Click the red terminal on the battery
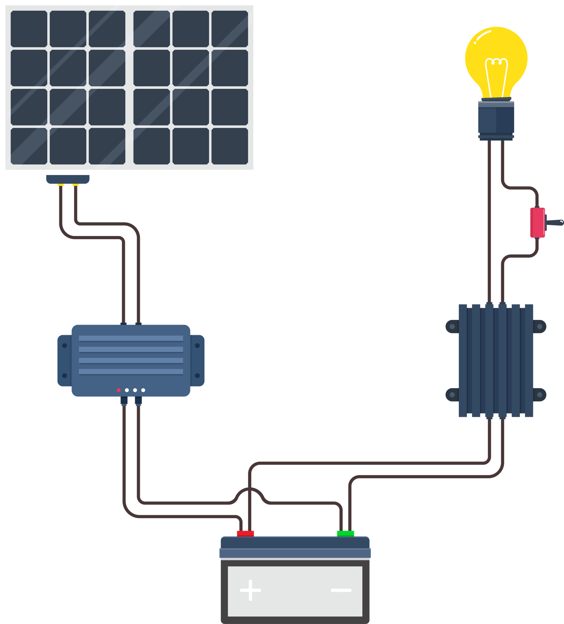(245, 533)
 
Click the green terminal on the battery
(345, 533)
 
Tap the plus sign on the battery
(250, 590)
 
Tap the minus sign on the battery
(341, 590)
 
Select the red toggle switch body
(537, 223)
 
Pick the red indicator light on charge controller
(119, 390)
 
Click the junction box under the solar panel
(68, 179)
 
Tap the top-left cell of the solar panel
(29, 29)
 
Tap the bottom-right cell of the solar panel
(230, 146)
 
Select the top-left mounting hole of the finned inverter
(452, 327)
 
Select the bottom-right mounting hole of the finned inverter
(539, 395)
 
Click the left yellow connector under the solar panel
(60, 185)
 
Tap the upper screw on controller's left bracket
(64, 346)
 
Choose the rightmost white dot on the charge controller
(143, 390)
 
